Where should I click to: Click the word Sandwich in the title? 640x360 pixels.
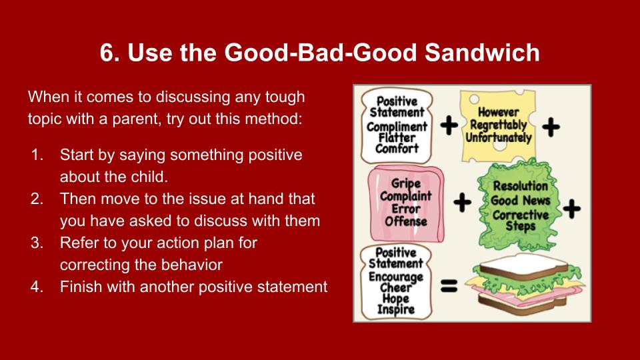(482, 53)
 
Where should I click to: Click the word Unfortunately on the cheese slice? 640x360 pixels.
(499, 137)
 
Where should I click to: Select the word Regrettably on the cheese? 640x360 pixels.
(499, 125)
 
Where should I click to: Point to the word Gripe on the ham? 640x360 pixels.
(406, 183)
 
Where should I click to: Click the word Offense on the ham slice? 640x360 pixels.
(406, 221)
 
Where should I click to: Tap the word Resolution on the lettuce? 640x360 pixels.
(521, 186)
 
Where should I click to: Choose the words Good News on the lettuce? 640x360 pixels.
(521, 201)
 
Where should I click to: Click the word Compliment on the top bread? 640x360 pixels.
(397, 127)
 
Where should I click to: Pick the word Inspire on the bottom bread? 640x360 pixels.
(395, 309)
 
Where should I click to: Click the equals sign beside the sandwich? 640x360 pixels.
(449, 285)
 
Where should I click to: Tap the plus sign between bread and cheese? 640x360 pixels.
(449, 125)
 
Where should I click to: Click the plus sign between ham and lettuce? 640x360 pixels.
(463, 203)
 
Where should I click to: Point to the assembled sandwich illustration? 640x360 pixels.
(528, 284)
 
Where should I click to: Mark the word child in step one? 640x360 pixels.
(149, 177)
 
